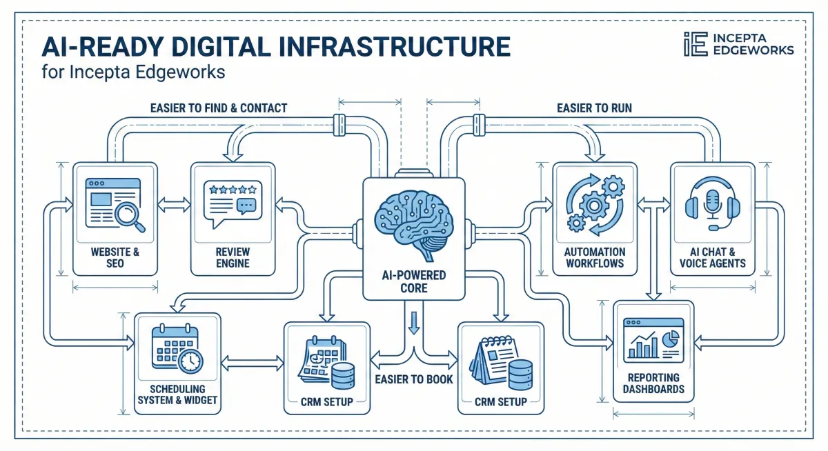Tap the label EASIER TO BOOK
click(x=413, y=379)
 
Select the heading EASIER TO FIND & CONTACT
click(x=218, y=108)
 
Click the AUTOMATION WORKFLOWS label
click(x=594, y=257)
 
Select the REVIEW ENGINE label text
click(x=233, y=257)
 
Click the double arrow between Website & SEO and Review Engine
click(x=174, y=204)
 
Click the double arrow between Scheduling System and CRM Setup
click(x=252, y=361)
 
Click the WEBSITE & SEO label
click(x=115, y=257)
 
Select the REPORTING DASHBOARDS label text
click(x=653, y=383)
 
